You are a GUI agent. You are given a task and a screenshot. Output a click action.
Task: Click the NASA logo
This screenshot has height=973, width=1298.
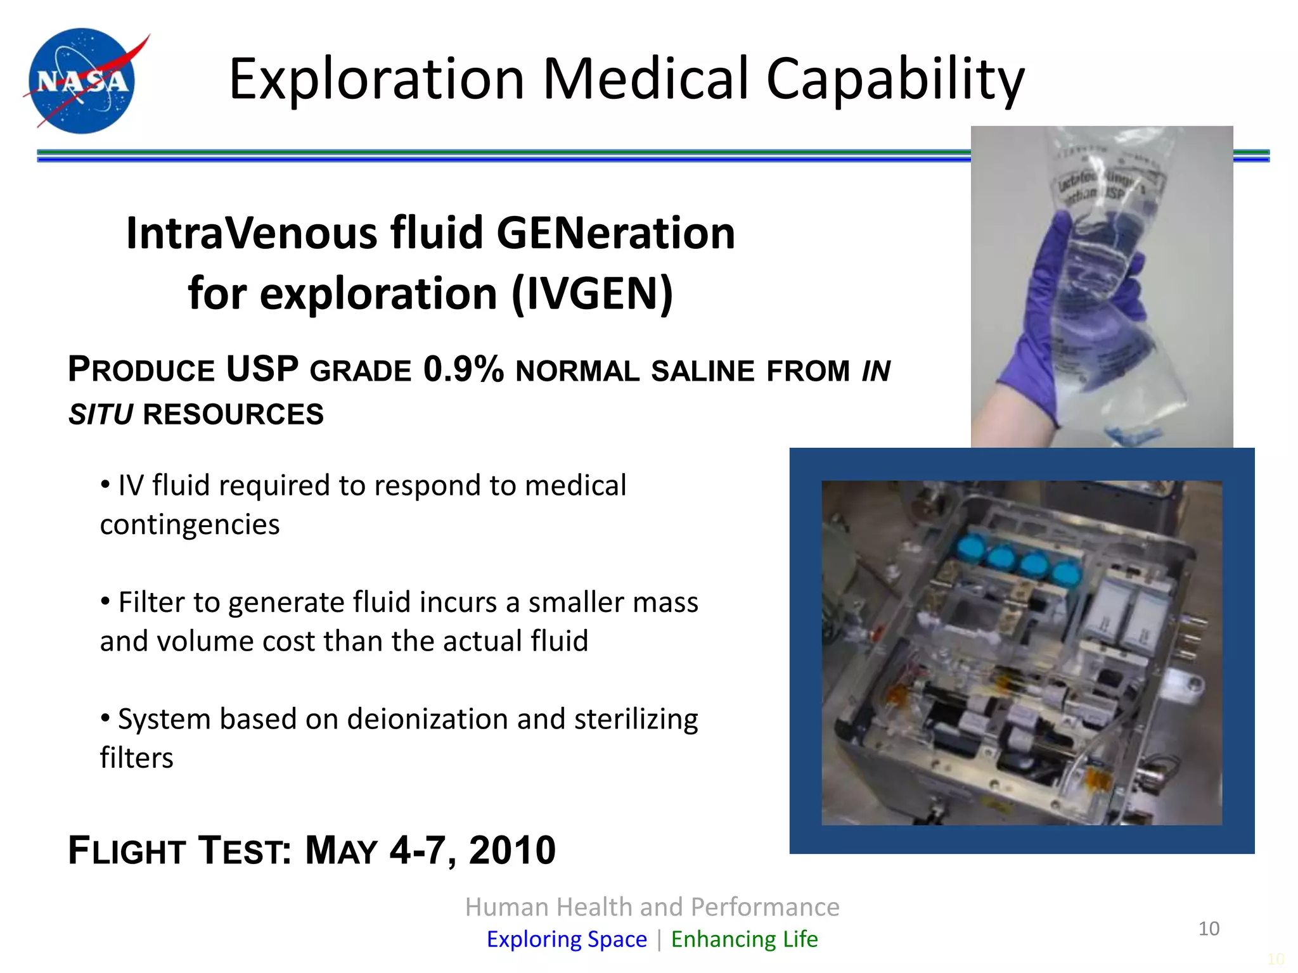(82, 81)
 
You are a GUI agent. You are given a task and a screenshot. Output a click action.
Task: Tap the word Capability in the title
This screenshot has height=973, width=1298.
(895, 80)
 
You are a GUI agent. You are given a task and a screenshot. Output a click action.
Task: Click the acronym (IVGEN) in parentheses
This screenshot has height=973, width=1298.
(592, 294)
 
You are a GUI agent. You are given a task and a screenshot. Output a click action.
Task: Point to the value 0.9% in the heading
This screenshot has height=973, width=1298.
(463, 369)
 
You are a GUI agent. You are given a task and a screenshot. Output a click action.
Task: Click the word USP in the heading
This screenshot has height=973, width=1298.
(262, 369)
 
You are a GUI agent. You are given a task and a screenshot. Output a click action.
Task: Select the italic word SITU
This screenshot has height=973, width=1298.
(101, 415)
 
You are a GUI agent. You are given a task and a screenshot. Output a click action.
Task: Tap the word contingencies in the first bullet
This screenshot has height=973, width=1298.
(190, 525)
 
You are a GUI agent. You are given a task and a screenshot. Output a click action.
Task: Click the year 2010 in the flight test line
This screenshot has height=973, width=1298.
(512, 850)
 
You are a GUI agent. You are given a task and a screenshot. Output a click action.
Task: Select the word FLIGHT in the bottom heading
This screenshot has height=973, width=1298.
(127, 850)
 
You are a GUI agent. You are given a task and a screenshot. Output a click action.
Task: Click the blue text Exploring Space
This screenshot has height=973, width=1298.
(567, 939)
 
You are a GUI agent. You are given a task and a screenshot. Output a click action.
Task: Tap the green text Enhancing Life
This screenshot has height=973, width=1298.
(744, 939)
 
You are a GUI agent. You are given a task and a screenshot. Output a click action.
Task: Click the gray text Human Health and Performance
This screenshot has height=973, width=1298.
(652, 907)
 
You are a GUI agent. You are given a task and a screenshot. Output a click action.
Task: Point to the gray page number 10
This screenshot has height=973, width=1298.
(1209, 929)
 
